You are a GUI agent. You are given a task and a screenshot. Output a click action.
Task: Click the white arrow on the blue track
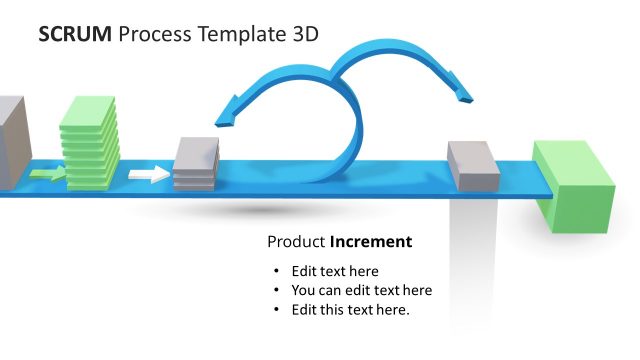pyautogui.click(x=149, y=175)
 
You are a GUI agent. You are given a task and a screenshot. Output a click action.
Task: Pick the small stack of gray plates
pyautogui.click(x=196, y=163)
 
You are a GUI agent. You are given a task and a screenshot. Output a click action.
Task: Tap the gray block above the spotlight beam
pyautogui.click(x=473, y=166)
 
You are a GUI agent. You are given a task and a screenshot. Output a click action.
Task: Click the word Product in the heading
pyautogui.click(x=296, y=242)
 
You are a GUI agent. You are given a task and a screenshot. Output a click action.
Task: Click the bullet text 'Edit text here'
pyautogui.click(x=335, y=271)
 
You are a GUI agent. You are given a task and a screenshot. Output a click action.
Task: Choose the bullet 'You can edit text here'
pyautogui.click(x=361, y=290)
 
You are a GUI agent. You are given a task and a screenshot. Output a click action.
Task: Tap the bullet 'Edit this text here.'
pyautogui.click(x=350, y=309)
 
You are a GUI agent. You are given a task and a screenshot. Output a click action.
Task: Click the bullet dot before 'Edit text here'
pyautogui.click(x=277, y=271)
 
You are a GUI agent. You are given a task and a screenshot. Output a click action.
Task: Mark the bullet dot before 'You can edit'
pyautogui.click(x=277, y=290)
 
